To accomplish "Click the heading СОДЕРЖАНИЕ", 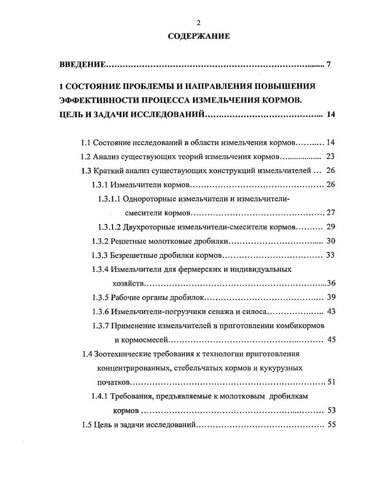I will click(199, 36).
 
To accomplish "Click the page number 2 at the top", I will click(199, 23).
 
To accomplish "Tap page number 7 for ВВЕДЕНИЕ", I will click(328, 64).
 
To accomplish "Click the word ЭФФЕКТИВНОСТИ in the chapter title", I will click(100, 100).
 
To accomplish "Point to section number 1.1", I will click(86, 142).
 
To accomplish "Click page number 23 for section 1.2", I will click(330, 157).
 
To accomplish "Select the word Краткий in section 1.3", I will click(109, 171).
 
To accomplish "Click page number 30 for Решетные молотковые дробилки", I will click(330, 241).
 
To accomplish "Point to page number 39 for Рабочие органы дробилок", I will click(331, 297).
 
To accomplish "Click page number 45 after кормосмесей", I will click(331, 340).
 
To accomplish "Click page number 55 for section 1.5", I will click(331, 424).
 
